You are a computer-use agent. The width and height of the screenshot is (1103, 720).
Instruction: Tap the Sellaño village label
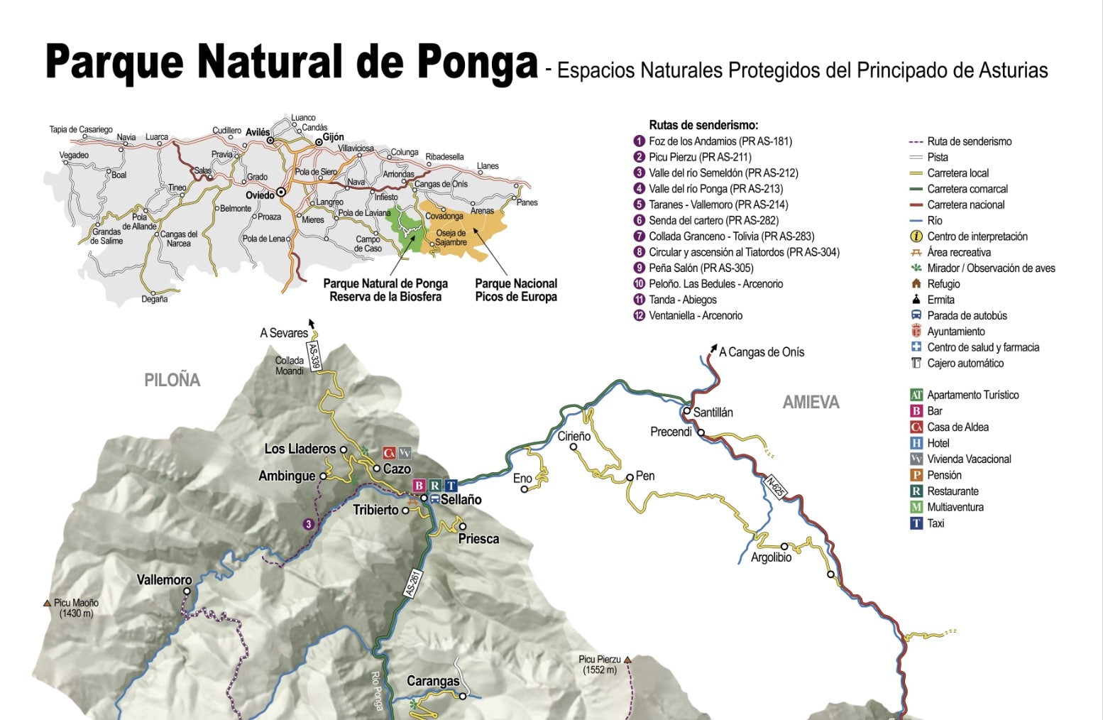tap(461, 500)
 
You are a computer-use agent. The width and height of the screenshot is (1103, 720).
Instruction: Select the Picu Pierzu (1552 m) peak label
tap(600, 665)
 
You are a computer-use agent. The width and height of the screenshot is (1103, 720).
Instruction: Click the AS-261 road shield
tap(412, 583)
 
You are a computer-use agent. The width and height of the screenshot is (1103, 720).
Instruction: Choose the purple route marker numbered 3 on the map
tap(308, 524)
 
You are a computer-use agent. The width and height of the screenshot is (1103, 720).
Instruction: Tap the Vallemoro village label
tap(164, 580)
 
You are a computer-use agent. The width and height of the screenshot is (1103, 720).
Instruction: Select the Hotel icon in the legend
tap(916, 443)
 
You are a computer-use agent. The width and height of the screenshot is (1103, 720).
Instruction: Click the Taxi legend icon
tap(916, 523)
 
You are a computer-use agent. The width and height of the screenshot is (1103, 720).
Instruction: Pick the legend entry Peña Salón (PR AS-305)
tap(701, 268)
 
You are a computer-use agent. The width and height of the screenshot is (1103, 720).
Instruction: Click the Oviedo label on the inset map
tap(260, 195)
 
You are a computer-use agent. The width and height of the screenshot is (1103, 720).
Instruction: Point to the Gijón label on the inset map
tap(333, 137)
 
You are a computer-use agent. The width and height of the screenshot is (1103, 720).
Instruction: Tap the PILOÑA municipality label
tap(172, 381)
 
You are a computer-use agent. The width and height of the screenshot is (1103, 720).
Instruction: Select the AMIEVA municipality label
tap(811, 403)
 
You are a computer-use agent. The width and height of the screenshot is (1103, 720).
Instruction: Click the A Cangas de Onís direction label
tap(761, 352)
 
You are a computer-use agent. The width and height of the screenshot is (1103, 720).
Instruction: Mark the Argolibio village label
tap(771, 558)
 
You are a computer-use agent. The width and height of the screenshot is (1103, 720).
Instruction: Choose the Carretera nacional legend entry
tap(965, 205)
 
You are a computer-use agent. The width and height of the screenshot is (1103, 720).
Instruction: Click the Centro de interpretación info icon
tap(916, 236)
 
